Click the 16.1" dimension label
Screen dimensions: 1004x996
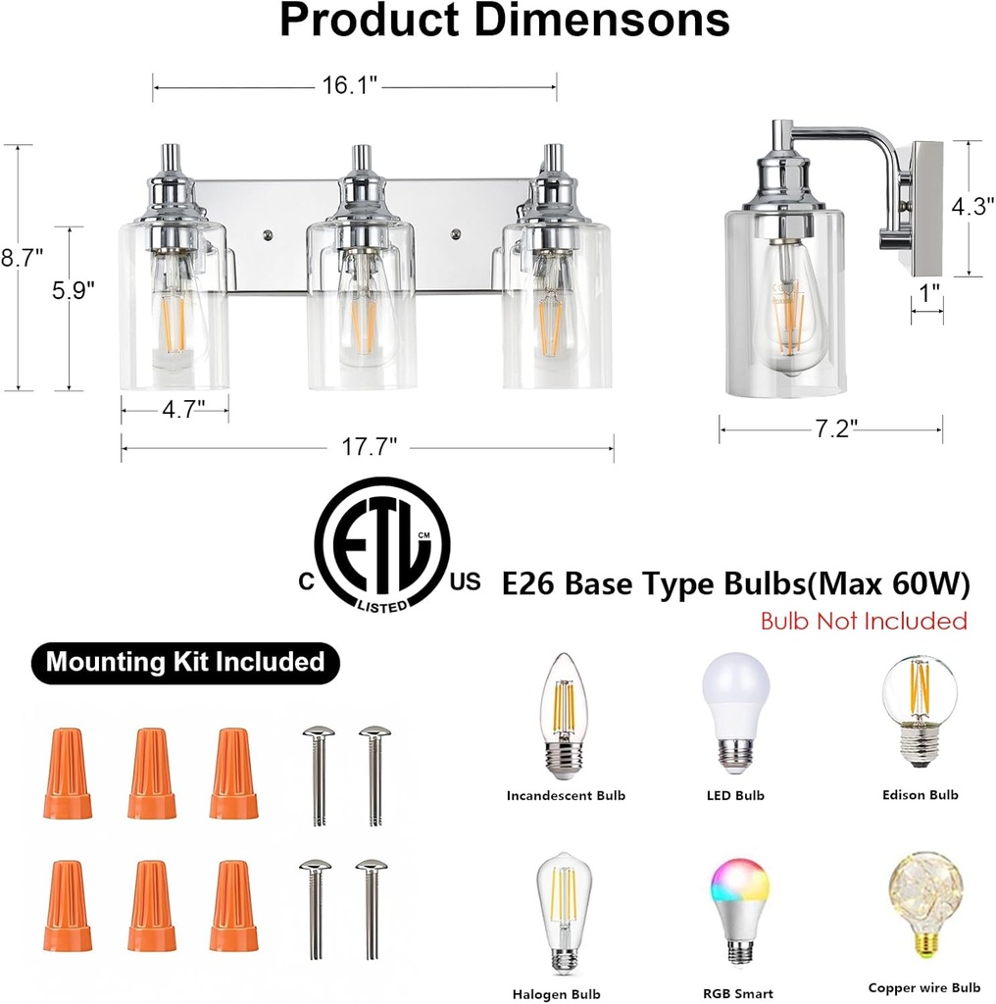350,86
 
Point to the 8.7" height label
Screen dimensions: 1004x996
22,259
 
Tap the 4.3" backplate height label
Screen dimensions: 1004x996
972,207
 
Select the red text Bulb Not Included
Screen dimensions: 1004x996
864,621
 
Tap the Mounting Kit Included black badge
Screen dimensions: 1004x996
185,662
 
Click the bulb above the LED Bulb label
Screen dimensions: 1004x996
735,712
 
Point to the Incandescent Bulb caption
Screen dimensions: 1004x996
566,795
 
